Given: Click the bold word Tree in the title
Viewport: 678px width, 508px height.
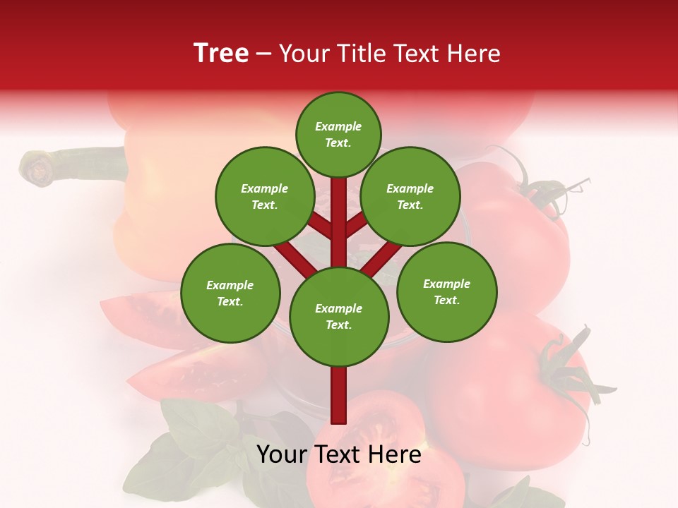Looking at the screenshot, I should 221,54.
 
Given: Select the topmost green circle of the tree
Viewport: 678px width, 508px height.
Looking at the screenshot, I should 338,134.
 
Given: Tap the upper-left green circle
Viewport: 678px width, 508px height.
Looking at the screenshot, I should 265,196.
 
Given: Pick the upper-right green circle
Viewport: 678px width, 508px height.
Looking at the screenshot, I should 410,196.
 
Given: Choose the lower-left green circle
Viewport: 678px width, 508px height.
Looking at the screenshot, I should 230,293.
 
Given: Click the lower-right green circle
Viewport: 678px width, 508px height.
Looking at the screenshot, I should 447,291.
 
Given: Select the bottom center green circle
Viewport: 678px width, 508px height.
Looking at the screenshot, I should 339,317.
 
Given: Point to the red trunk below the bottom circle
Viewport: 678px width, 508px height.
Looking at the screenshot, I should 339,395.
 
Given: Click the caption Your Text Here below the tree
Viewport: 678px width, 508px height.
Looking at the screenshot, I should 339,454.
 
